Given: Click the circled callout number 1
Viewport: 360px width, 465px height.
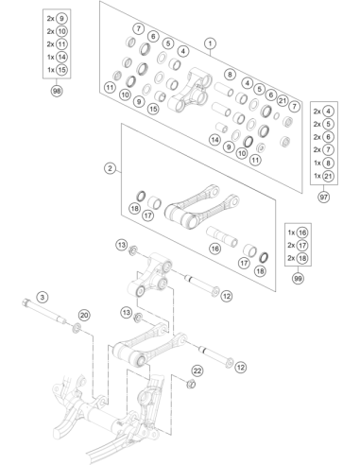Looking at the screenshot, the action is coord(210,43).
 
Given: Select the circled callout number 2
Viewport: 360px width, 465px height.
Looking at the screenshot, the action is coord(110,168).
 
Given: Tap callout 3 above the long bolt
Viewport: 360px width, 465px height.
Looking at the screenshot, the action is coord(43,297).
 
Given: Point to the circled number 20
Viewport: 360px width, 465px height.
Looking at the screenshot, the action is coord(84,315).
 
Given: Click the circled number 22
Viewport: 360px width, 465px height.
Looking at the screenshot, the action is coord(197,370).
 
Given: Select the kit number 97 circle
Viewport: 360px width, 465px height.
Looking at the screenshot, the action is coord(323,197).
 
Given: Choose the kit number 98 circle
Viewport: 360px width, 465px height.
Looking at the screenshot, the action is coord(57,91).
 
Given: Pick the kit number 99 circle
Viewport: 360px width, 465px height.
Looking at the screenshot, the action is coord(298,279).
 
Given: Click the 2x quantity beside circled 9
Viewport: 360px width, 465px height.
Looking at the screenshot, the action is coord(50,19).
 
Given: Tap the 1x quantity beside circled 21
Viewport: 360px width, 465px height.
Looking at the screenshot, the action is coord(317,176).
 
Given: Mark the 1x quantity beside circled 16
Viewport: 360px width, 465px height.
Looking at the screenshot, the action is coord(291,232).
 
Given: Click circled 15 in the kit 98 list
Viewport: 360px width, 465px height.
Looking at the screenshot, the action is coord(61,70).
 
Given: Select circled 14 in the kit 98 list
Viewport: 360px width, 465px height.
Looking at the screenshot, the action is coord(61,57).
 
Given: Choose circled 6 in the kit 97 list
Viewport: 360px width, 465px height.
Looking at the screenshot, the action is coord(328,137).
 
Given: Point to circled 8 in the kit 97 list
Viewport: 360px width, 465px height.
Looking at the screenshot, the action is coord(328,163).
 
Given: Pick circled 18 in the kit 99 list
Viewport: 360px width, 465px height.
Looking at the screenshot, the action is coord(302,258).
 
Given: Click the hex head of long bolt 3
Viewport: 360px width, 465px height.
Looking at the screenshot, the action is coord(26,303).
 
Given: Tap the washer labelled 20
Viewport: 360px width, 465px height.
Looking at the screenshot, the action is coord(77,328).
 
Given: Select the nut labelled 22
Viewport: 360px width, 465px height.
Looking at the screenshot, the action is coord(191,385).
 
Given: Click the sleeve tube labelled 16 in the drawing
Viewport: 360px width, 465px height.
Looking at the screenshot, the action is coord(222,236).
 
